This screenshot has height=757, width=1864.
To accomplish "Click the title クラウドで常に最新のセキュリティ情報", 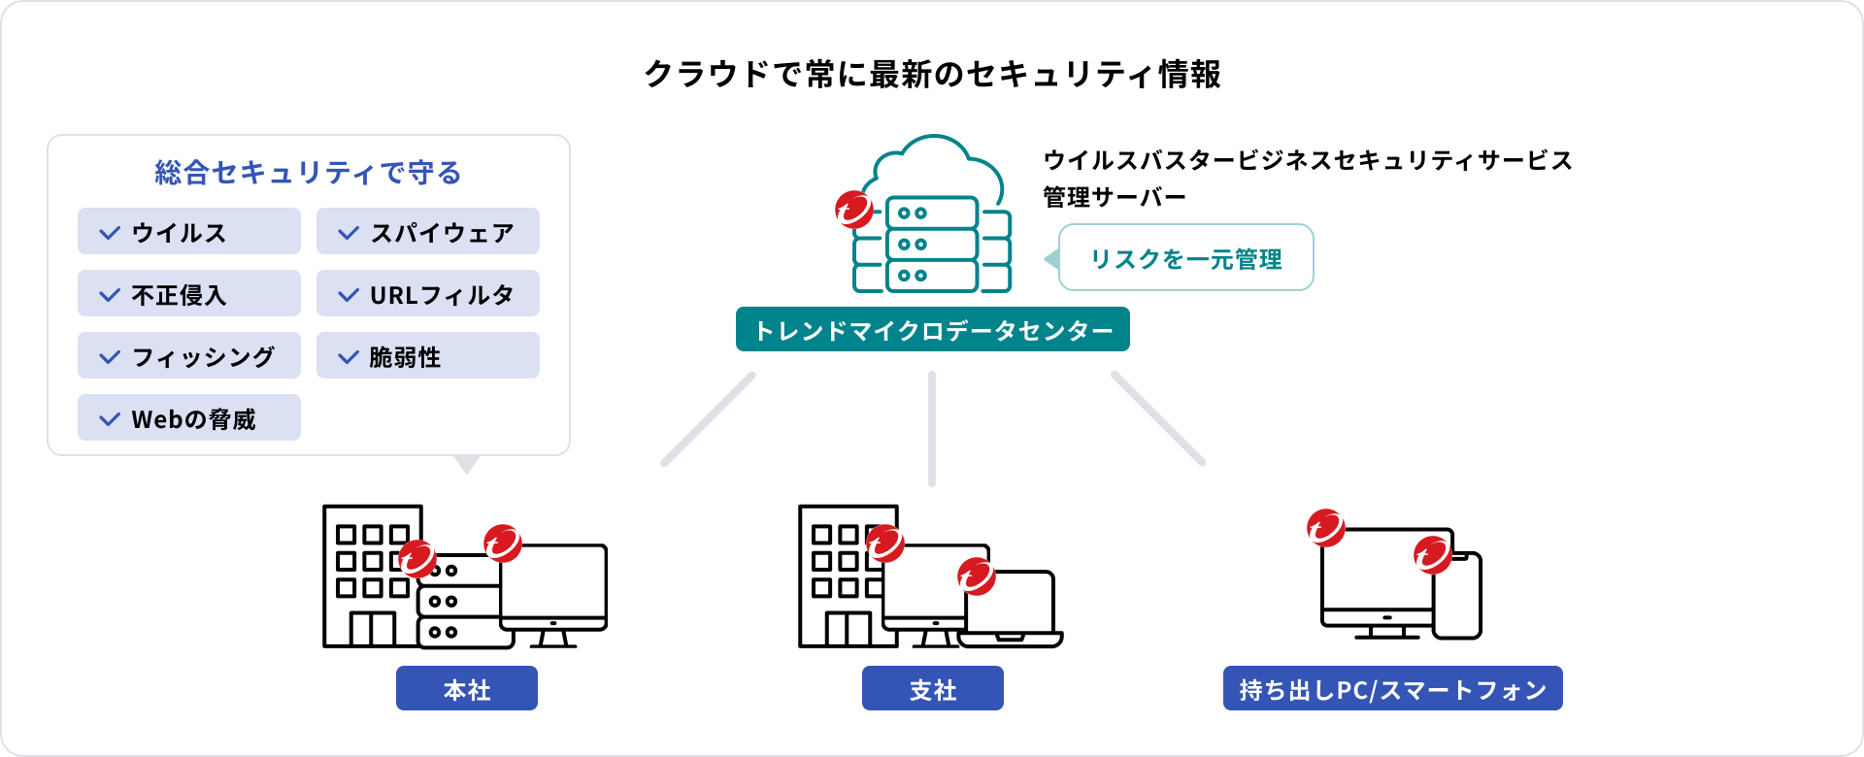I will (932, 74).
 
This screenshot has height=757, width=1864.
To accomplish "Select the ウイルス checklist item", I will (189, 232).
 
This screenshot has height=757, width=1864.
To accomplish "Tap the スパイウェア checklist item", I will (428, 232).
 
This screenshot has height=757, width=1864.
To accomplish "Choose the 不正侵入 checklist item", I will (189, 294).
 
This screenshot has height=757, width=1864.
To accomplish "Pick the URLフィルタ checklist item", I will (428, 294).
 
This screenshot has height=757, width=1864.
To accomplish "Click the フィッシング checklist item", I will (189, 356).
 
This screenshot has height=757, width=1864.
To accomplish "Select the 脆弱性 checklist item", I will (428, 356).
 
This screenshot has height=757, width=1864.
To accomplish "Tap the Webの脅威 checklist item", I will (189, 418).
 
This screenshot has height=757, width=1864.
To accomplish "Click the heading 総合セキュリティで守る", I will (308, 173).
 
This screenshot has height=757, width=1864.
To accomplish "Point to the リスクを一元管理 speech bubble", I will (1185, 258).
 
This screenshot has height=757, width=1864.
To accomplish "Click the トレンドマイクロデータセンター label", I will (932, 330).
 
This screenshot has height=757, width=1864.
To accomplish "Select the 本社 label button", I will (467, 689).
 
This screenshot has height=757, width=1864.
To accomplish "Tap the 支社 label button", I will (933, 689).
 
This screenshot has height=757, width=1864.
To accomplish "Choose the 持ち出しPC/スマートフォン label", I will (1392, 689).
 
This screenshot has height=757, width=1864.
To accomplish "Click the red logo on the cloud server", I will (854, 209).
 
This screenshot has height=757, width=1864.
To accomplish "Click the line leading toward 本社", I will (708, 419).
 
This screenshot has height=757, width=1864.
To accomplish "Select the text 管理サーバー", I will (1115, 197).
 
